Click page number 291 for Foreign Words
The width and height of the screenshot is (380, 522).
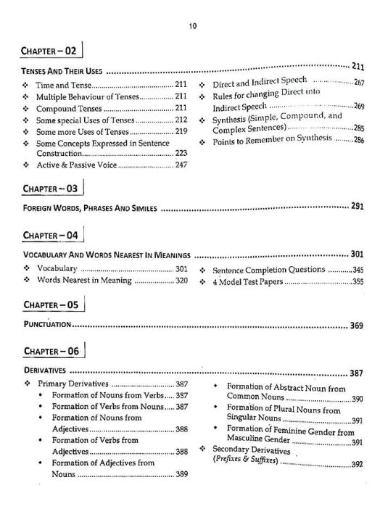pos(356,207)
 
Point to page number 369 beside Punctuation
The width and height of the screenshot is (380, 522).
pos(356,326)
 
